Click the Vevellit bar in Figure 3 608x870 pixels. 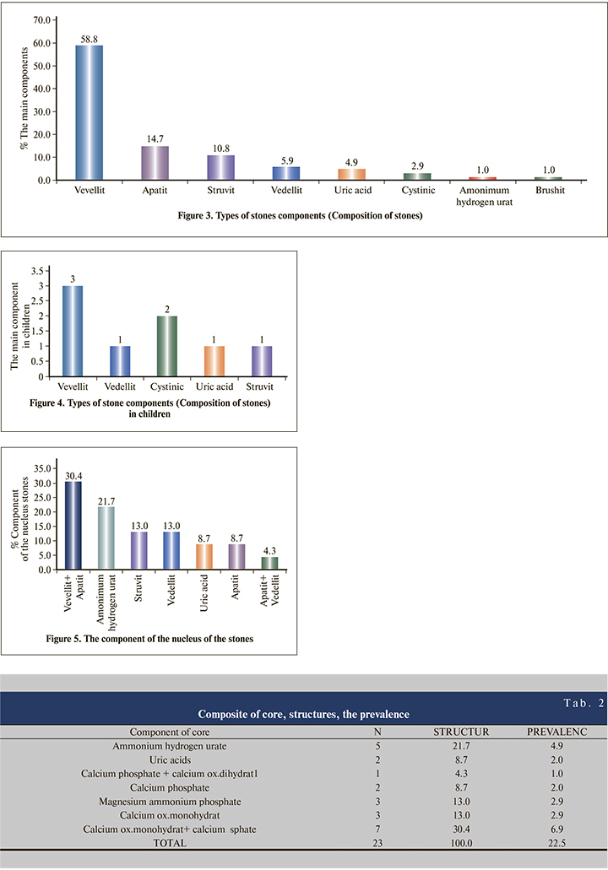[x=90, y=112]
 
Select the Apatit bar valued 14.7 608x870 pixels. [x=155, y=163]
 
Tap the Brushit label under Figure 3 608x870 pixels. [x=549, y=192]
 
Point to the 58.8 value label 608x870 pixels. [x=90, y=38]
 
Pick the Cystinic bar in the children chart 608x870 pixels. [x=168, y=346]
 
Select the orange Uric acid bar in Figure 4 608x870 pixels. [x=215, y=361]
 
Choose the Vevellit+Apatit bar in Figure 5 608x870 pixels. [x=73, y=525]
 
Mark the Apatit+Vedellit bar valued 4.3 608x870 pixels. [x=269, y=563]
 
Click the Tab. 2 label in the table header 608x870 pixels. [x=584, y=702]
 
